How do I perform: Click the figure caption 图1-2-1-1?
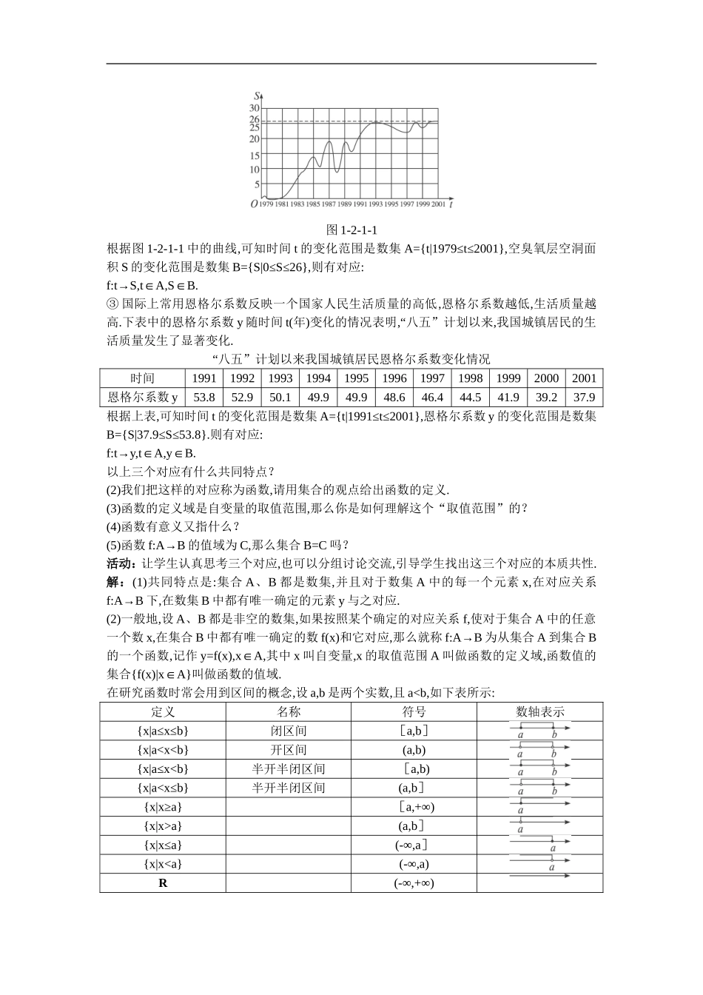pyautogui.click(x=351, y=230)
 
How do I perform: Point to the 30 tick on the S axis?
pyautogui.click(x=255, y=108)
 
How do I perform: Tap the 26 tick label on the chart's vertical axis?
pyautogui.click(x=255, y=119)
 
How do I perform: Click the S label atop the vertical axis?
pyautogui.click(x=256, y=95)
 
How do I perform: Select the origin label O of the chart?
pyautogui.click(x=254, y=204)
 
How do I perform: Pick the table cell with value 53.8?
pyautogui.click(x=204, y=397)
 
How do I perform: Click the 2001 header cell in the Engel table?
pyautogui.click(x=584, y=378)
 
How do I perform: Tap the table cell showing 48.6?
pyautogui.click(x=394, y=397)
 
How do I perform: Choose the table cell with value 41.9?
pyautogui.click(x=508, y=397)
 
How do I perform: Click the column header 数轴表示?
pyautogui.click(x=539, y=711)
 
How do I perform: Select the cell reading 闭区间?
pyautogui.click(x=288, y=731)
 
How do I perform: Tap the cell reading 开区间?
pyautogui.click(x=288, y=750)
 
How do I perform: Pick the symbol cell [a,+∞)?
pyautogui.click(x=414, y=807)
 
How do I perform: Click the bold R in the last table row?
pyautogui.click(x=163, y=883)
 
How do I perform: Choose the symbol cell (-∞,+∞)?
pyautogui.click(x=414, y=883)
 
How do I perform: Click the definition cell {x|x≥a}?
pyautogui.click(x=163, y=807)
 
